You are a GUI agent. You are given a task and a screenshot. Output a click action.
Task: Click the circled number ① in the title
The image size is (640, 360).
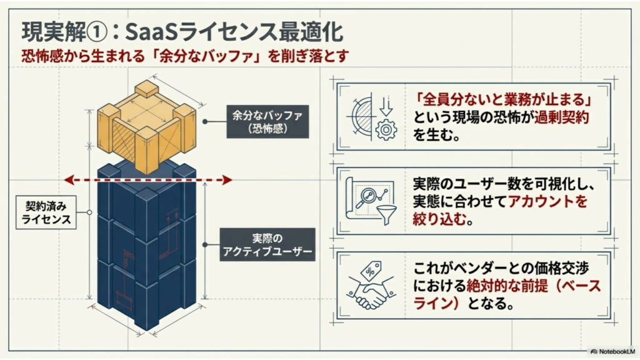tap(97, 32)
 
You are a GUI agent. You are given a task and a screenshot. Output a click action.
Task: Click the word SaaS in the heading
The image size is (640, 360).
tap(151, 32)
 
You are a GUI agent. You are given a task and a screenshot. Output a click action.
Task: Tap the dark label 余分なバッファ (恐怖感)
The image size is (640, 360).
tap(267, 122)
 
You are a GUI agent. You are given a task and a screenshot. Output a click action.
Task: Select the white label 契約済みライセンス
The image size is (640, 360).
tap(46, 212)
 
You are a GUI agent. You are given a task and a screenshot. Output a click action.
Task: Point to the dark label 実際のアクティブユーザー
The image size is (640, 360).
tap(267, 244)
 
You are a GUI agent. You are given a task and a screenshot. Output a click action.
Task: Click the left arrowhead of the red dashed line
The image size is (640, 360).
tap(69, 179)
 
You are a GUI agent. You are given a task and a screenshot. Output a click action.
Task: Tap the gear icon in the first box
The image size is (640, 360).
tap(386, 131)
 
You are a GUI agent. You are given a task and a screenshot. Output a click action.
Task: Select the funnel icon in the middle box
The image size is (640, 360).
tap(387, 215)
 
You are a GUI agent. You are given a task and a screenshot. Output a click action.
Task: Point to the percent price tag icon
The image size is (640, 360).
tap(371, 271)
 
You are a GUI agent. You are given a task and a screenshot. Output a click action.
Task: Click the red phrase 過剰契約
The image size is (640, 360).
tap(561, 117)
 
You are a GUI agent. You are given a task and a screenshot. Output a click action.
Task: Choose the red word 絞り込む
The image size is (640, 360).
tap(439, 219)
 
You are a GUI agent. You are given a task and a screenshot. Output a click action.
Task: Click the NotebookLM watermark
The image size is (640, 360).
tap(612, 351)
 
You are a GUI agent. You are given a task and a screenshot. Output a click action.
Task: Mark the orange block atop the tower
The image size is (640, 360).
tap(147, 126)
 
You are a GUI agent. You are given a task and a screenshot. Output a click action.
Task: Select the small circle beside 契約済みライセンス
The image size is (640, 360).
tap(89, 212)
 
